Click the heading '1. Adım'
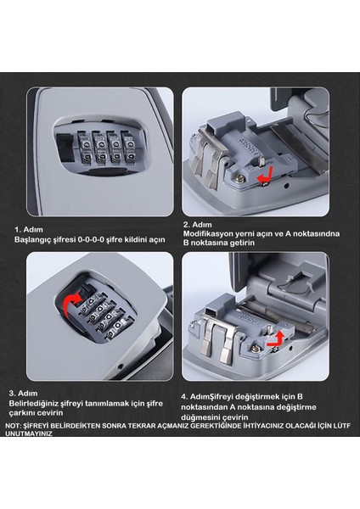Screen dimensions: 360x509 28,230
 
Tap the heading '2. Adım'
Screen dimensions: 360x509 198,225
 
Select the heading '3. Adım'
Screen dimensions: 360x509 23,394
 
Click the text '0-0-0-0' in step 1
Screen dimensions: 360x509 92,239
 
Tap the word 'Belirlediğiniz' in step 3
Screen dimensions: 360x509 34,404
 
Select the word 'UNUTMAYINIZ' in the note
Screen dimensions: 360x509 29,433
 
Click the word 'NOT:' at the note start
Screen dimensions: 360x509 13,426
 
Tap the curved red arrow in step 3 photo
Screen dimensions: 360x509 70,303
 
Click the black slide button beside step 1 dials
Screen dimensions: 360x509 66,147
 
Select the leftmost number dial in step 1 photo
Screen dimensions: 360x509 84,148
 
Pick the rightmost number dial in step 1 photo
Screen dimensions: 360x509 129,147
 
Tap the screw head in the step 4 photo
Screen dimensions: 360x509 255,348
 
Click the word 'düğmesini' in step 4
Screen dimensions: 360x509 198,417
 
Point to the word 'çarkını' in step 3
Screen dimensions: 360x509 22,413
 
